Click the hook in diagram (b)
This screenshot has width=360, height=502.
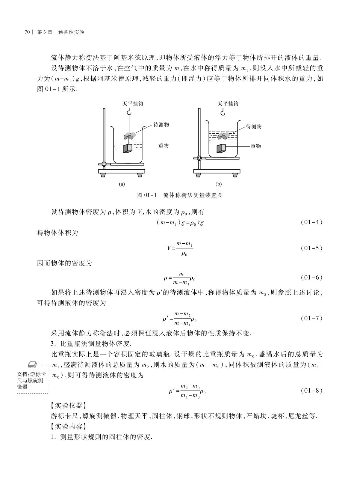tap(223, 112)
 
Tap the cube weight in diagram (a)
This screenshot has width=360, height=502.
tap(128, 148)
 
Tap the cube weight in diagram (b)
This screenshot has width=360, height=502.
tap(221, 148)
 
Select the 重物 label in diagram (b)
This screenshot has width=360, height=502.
tap(255, 146)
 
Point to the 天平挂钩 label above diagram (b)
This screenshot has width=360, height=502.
tap(228, 104)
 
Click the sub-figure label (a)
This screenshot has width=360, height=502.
tap(122, 184)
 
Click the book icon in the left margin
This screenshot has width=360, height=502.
tap(32, 364)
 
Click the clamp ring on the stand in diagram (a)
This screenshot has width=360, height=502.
tap(104, 164)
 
